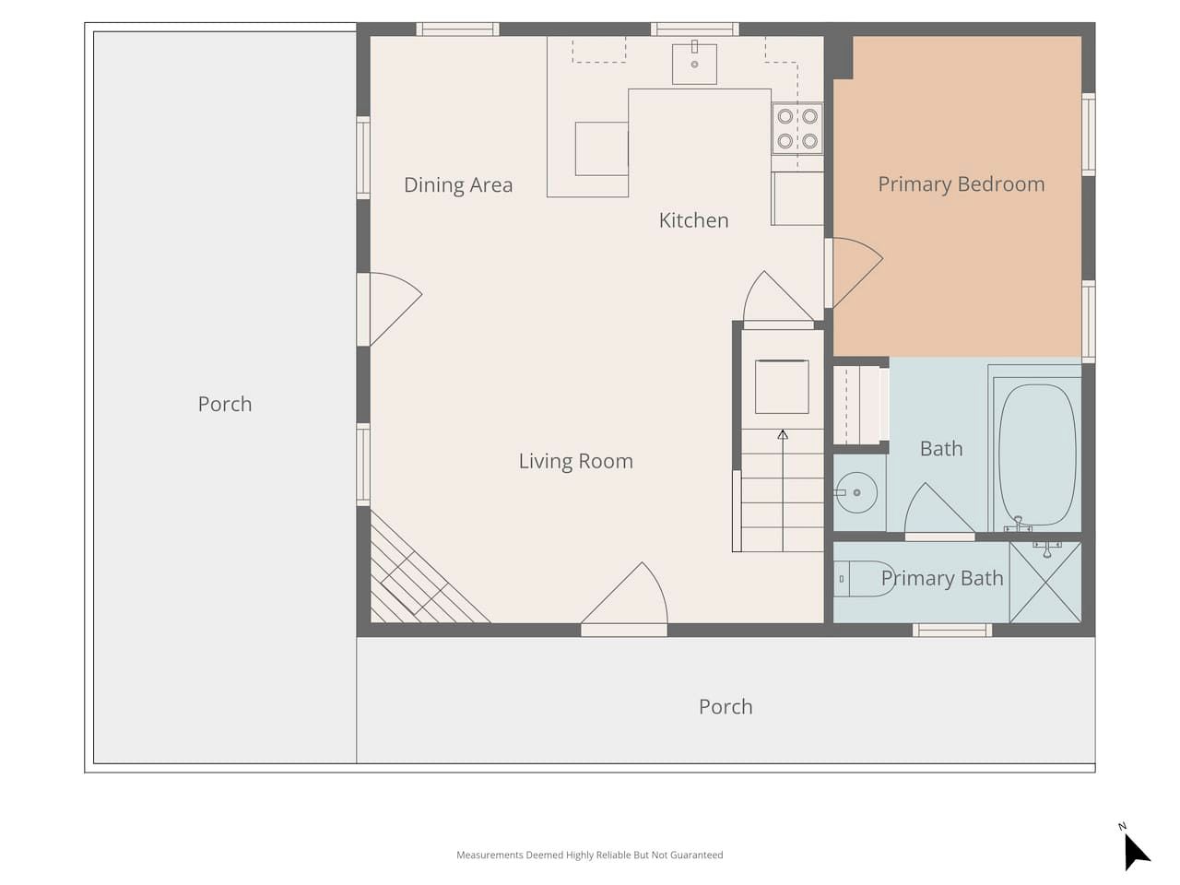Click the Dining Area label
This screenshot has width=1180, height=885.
coord(458,185)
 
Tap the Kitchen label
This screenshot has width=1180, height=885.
coord(693,220)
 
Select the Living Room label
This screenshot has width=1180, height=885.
coord(576,461)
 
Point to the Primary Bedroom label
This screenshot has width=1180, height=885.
coord(962,184)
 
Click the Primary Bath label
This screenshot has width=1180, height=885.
coord(942,578)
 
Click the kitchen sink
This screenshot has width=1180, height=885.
coord(694,64)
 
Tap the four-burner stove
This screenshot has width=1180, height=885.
coord(797,128)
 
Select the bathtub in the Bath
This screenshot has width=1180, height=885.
coord(1037,454)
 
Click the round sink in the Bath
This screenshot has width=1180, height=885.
coord(855,492)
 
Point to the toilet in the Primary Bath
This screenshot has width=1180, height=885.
coord(864,579)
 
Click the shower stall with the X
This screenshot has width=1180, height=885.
coord(1045,582)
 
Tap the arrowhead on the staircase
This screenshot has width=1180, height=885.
coord(783,434)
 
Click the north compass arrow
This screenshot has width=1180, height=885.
coord(1136,853)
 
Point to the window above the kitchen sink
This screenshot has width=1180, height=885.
coord(694,29)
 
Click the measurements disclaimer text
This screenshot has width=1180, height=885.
coord(590,855)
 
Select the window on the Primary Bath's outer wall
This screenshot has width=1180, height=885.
coord(952,631)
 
